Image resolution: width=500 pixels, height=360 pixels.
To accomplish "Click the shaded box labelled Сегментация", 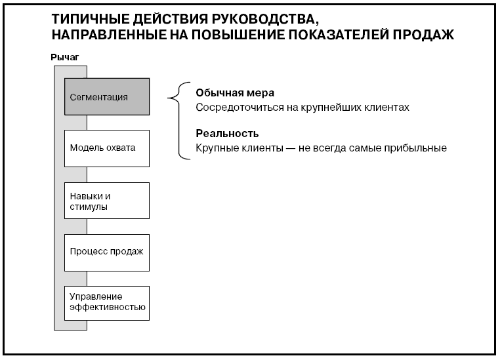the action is (x=107, y=96).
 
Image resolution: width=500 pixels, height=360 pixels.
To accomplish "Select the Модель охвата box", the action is (x=107, y=148).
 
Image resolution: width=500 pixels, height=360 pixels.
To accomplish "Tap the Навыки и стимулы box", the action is (x=107, y=201).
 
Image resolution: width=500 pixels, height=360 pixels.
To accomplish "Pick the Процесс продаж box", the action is (x=107, y=252).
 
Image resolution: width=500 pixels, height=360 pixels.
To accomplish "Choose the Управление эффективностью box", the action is (x=107, y=303).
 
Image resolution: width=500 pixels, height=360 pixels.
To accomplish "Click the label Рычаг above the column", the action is (x=65, y=57).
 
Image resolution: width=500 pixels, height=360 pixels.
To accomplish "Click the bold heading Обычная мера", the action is (x=235, y=92).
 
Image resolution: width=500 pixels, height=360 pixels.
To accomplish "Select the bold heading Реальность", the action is (x=227, y=133).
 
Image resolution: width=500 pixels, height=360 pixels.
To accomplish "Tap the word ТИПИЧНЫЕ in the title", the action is (x=91, y=19).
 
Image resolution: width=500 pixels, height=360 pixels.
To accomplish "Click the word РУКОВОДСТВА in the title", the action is (x=264, y=20).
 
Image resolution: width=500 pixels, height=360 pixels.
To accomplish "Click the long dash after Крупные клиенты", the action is (x=291, y=148).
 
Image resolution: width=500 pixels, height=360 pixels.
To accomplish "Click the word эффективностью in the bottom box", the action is (x=108, y=308).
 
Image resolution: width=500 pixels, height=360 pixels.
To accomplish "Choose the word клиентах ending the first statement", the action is (x=390, y=108).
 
